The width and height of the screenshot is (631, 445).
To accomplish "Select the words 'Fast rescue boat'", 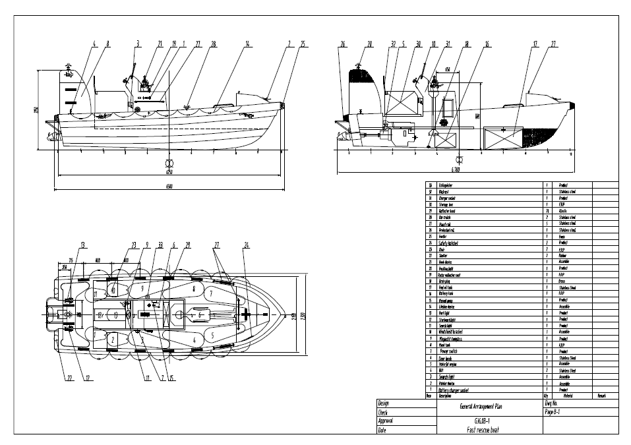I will pos(487,429).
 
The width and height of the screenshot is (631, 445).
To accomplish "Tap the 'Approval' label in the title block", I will pos(386,421).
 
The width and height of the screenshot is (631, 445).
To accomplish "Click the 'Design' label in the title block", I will pos(384,403).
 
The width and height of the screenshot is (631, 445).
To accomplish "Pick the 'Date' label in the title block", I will pos(382,430).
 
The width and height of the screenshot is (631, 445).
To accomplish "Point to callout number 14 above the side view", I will pos(247,44).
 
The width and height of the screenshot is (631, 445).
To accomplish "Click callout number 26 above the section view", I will pos(343,44).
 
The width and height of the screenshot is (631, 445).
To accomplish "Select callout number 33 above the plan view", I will pos(160,245).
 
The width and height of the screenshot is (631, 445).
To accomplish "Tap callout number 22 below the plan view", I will pos(69,378).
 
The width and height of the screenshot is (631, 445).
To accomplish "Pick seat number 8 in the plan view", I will pos(193,288).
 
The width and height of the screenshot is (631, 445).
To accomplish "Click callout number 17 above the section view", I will pos(535,44).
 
